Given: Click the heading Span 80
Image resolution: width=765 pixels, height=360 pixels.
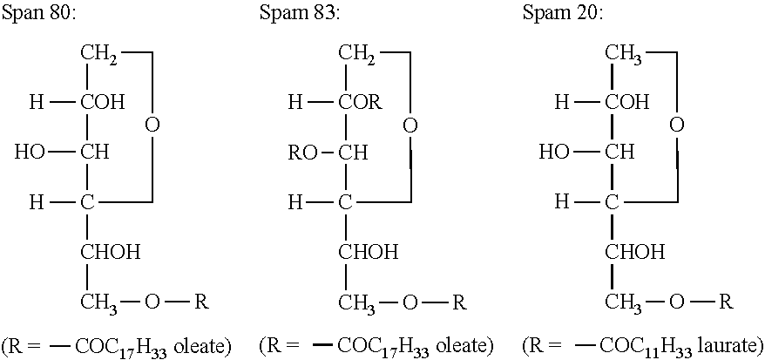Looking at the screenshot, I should tap(37, 15).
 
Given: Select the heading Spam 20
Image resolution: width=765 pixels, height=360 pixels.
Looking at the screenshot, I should tap(562, 15).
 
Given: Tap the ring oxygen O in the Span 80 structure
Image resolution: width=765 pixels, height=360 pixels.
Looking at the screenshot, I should tap(152, 126).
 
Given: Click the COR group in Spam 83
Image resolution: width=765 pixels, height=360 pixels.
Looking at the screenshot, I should tap(360, 103).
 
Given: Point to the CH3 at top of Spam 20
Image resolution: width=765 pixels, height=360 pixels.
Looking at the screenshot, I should tap(624, 55).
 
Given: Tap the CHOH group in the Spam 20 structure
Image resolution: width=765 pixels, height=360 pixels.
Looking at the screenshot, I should tap(634, 253).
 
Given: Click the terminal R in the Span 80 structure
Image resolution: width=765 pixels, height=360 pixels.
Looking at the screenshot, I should tap(200, 302).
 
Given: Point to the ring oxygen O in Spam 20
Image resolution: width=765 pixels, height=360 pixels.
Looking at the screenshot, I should tap(676, 126).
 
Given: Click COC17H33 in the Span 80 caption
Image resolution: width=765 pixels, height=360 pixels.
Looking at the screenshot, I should tap(115, 346).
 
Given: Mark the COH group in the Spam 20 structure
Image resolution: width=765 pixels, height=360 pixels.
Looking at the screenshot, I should tap(627, 103).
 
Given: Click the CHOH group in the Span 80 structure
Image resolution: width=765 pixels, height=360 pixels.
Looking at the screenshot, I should tap(110, 253).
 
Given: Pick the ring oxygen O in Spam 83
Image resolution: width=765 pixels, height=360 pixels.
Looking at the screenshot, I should tap(410, 126).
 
